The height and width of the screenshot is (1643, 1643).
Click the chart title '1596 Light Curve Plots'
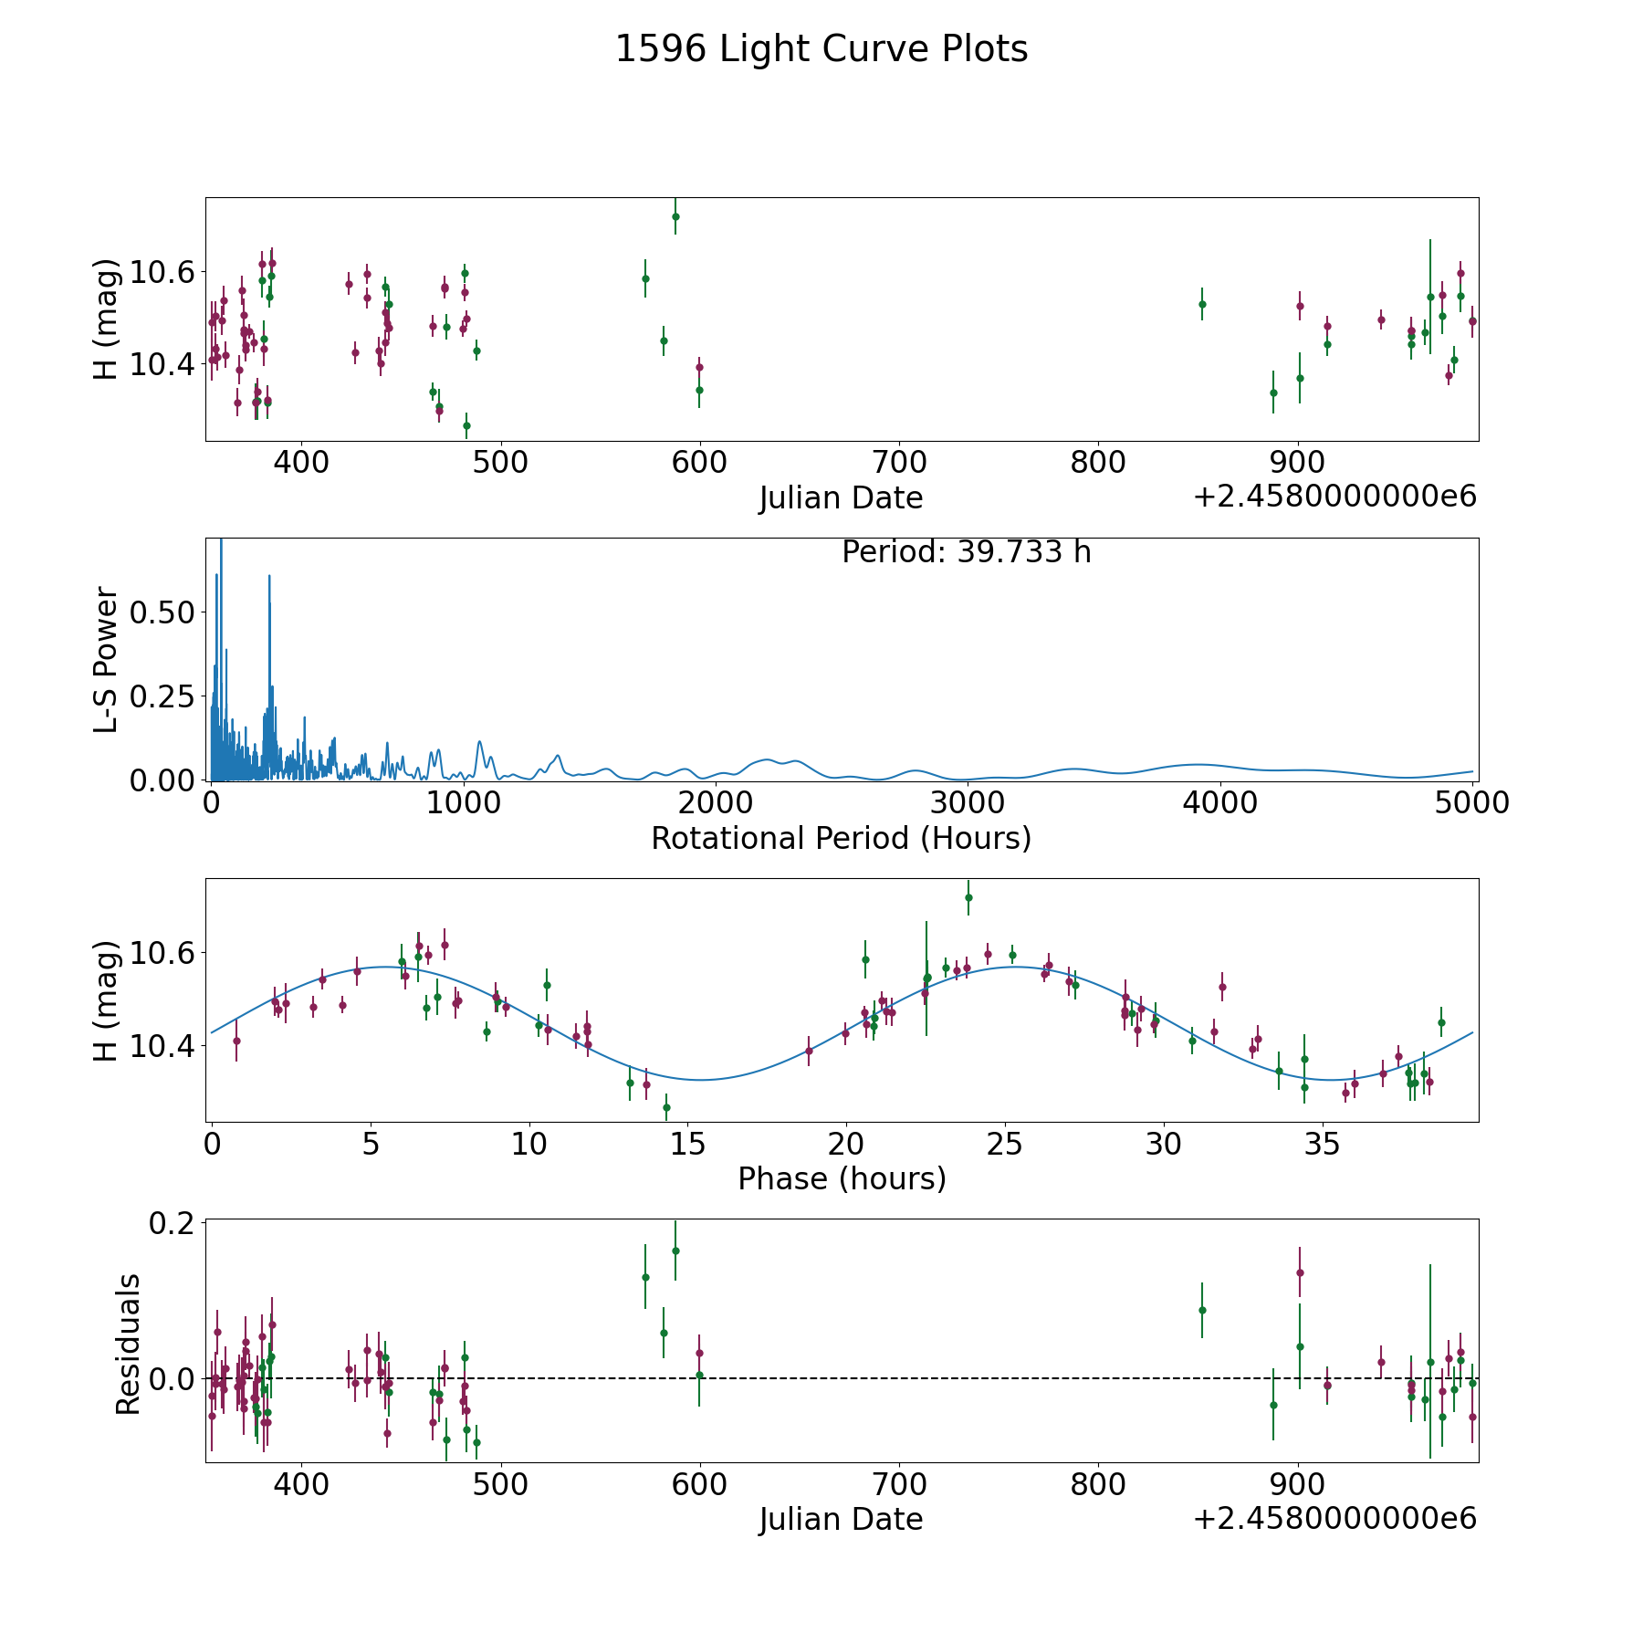[821, 49]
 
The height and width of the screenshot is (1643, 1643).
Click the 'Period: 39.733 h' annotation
[966, 552]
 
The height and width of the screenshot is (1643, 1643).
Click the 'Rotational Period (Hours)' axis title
[841, 838]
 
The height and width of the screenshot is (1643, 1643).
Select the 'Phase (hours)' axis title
[841, 1178]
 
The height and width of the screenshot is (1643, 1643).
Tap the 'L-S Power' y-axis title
[106, 659]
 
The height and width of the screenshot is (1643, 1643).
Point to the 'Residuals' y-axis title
[128, 1344]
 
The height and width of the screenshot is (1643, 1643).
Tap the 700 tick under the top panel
[899, 463]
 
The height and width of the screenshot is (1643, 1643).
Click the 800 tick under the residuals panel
[1098, 1484]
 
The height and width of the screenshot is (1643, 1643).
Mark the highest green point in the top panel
[675, 216]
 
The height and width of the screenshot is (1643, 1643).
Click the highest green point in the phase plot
[968, 897]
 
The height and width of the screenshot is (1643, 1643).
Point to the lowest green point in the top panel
[466, 425]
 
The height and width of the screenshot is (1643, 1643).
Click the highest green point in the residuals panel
[675, 1251]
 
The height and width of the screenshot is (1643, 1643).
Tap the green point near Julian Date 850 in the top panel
[1202, 304]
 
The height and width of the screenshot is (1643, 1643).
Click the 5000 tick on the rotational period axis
[1472, 803]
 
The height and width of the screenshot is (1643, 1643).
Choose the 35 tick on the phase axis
[1322, 1144]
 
